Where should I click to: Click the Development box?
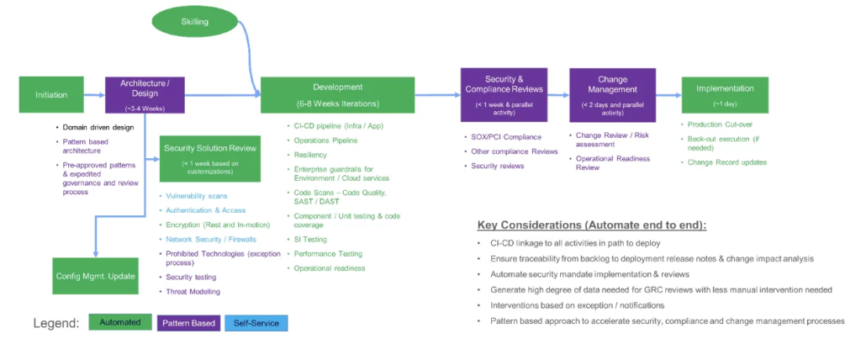[x=337, y=94]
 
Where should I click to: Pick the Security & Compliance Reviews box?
[x=503, y=94]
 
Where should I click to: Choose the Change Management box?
[x=612, y=94]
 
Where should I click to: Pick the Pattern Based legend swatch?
[x=188, y=323]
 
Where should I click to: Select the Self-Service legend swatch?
[x=256, y=323]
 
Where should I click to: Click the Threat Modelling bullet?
[x=193, y=291]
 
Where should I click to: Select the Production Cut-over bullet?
[x=720, y=124]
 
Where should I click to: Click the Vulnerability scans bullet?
[x=197, y=195]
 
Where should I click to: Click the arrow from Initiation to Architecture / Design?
[x=97, y=94]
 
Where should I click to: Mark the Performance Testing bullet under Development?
[x=327, y=253]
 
